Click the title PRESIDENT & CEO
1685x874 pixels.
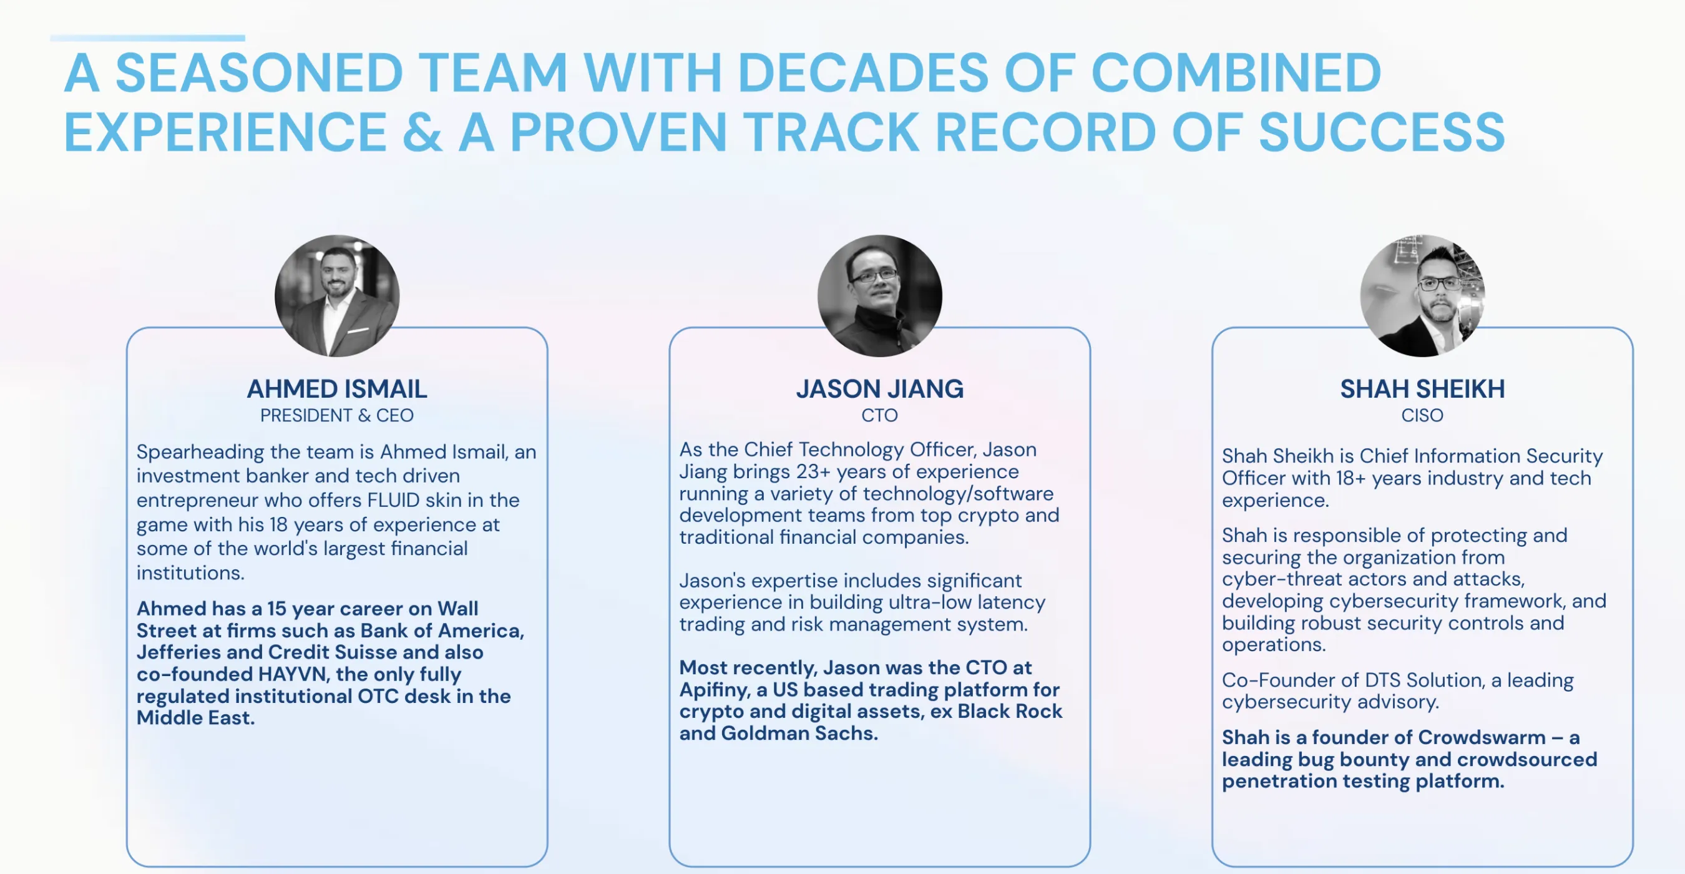click(337, 415)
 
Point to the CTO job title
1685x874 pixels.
click(880, 415)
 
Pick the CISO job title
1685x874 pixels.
click(1422, 415)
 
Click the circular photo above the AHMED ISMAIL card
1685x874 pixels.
click(337, 296)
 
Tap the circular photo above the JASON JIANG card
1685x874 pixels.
click(880, 296)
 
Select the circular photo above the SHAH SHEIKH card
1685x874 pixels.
click(1422, 296)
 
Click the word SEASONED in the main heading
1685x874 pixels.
click(259, 72)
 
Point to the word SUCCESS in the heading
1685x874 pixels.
click(1382, 132)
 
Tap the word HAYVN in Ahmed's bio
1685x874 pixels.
click(294, 674)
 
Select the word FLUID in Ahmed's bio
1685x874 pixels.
click(393, 500)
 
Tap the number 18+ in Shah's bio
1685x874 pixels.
click(1350, 478)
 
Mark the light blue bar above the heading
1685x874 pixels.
click(148, 38)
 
